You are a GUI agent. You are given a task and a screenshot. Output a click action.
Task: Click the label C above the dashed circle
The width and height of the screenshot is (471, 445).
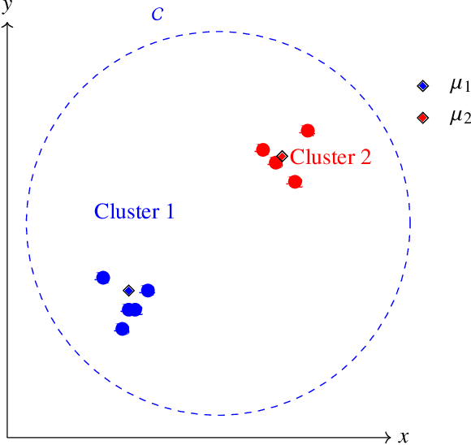157,15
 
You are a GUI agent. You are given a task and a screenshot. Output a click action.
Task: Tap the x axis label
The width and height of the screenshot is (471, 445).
404,437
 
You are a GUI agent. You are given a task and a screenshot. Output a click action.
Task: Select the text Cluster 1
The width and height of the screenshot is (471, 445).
134,212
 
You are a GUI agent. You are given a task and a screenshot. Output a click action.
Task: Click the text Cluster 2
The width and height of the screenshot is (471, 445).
331,158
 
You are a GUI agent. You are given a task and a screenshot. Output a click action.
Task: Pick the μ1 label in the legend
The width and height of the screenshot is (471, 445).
460,85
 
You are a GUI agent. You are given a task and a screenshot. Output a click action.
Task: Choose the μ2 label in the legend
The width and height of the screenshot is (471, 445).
460,117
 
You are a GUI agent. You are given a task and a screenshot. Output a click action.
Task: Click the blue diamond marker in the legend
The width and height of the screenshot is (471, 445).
422,86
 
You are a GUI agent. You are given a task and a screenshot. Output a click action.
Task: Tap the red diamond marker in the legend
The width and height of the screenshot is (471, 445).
422,118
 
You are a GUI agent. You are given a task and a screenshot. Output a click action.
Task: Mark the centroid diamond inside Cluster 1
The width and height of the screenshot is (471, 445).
128,290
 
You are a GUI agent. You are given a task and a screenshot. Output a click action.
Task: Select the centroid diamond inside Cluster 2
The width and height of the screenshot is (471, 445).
282,156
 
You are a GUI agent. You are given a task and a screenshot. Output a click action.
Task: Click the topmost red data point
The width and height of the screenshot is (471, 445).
308,131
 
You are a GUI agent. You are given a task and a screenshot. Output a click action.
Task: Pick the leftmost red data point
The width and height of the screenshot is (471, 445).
262,149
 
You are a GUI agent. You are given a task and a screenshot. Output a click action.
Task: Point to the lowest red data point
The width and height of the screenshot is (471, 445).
295,182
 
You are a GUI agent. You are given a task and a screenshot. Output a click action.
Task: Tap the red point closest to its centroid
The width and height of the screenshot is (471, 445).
275,162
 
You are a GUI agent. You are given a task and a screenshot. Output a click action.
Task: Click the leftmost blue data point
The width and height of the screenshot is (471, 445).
102,277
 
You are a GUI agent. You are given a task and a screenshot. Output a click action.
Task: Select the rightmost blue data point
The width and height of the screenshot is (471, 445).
148,290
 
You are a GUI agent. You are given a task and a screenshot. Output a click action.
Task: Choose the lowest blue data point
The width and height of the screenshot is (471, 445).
122,329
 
